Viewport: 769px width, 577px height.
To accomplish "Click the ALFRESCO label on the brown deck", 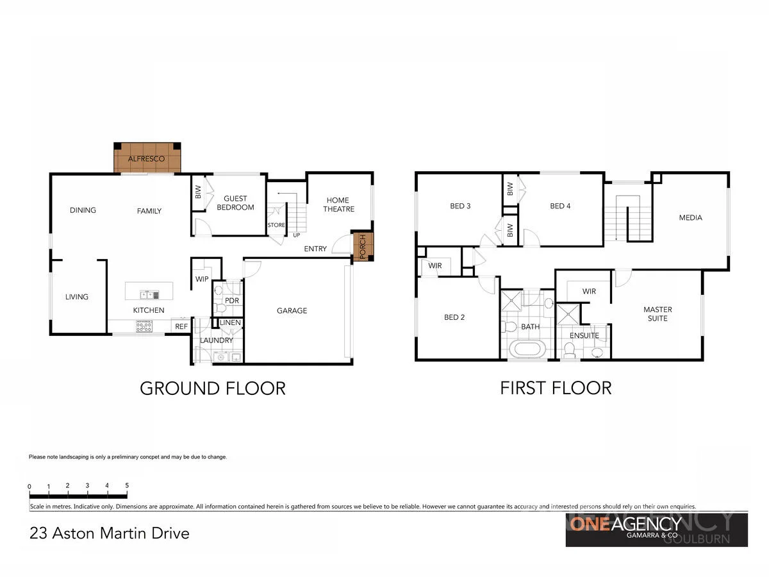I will coord(146,158).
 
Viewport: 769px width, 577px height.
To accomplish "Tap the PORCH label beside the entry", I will coord(363,246).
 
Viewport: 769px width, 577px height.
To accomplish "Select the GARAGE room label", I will coord(292,310).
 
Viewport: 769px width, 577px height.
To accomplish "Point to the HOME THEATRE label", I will coord(337,205).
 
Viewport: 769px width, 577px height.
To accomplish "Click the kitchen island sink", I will coord(149,294).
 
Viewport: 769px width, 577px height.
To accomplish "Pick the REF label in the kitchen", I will coord(181,326).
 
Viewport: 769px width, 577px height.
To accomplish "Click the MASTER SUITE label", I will coord(657,314).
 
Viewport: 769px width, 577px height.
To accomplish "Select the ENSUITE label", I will coord(584,335).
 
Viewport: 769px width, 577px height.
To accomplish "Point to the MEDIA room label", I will coord(690,217).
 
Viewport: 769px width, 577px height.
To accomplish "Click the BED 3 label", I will coord(460,206).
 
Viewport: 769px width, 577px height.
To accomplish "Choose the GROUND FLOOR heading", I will coord(212,388).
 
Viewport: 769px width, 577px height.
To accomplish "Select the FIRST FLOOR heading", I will coord(556,388).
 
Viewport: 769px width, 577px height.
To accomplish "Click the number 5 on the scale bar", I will coord(127,485).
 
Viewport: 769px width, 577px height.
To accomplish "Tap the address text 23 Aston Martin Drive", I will coord(110,533).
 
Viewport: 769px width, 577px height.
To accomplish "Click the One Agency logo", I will coord(656,529).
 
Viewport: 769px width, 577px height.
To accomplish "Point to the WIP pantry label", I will coord(202,279).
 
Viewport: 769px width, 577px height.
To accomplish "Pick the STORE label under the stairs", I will coord(276,225).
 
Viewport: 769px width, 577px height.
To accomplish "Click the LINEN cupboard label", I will coord(230,322).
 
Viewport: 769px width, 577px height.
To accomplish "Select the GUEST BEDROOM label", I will coord(235,203).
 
